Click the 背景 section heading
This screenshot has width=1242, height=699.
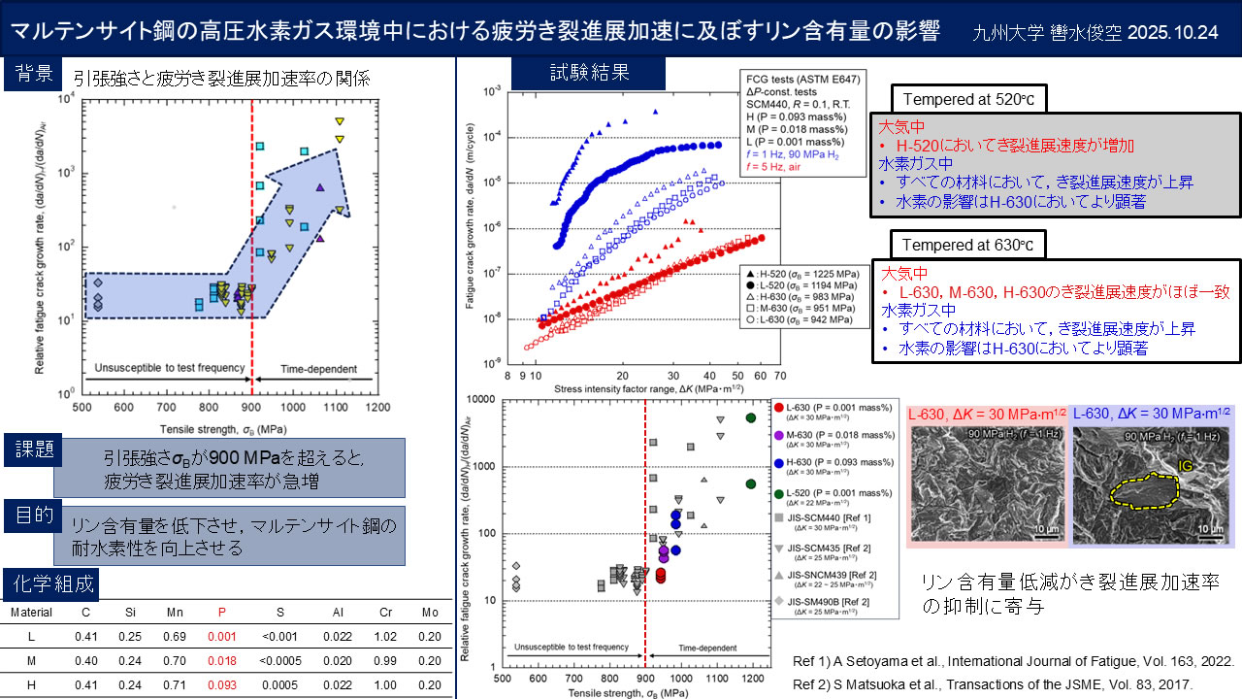pyautogui.click(x=33, y=75)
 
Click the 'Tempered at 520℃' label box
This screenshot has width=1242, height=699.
pyautogui.click(x=967, y=99)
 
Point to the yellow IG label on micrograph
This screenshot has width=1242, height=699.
pyautogui.click(x=1185, y=467)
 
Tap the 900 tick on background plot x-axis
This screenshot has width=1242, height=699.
pyautogui.click(x=251, y=408)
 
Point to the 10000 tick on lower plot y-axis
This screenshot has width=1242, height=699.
pyautogui.click(x=483, y=399)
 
